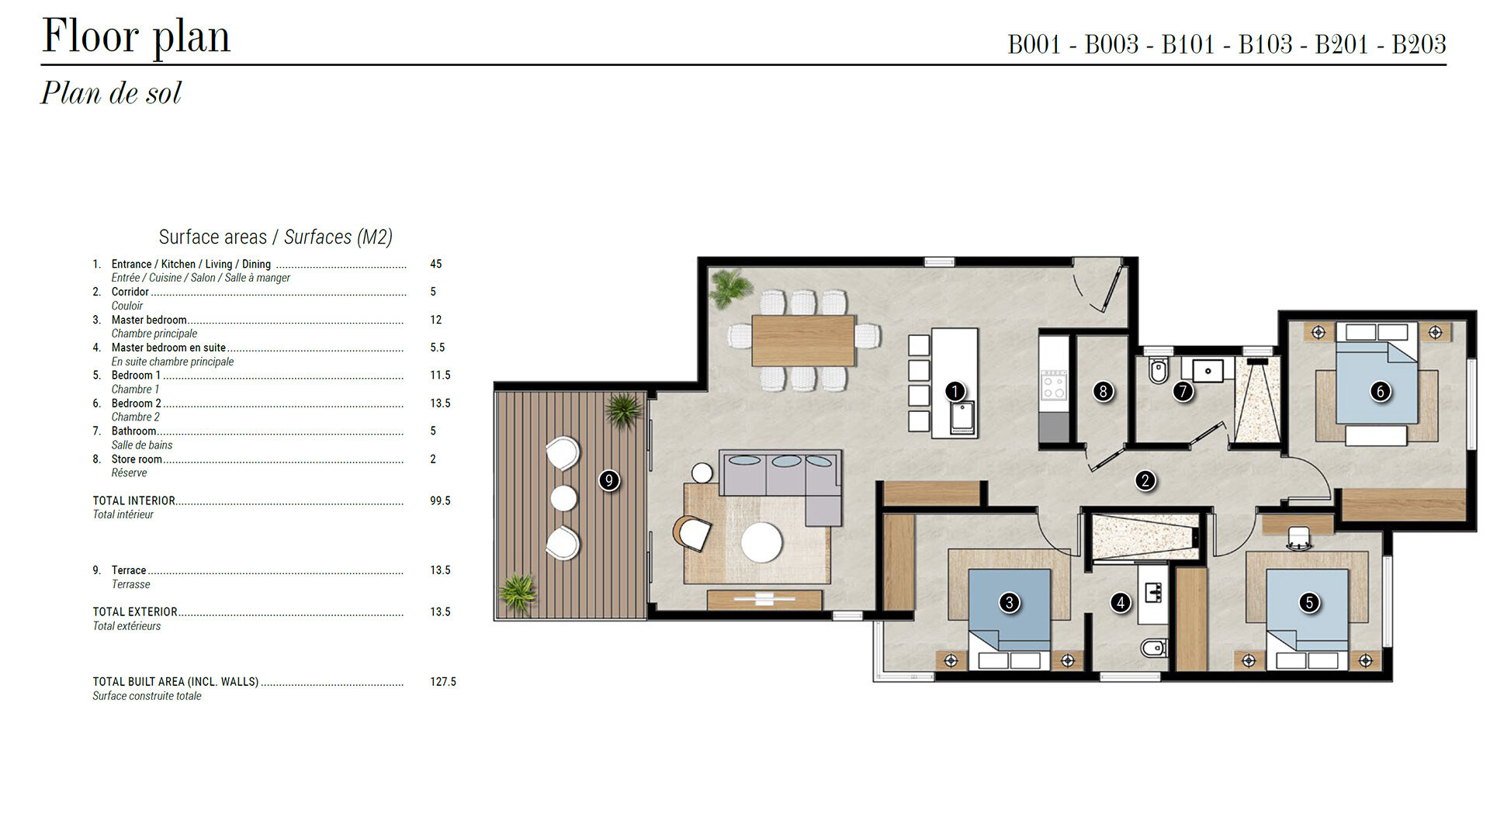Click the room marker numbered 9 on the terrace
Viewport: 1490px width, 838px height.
point(609,480)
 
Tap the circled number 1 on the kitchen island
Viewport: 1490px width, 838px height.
point(955,392)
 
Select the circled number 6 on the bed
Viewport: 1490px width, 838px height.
point(1380,392)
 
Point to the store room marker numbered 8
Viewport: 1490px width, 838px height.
point(1103,392)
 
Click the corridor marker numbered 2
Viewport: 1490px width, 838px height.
point(1145,480)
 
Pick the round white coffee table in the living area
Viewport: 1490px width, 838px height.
point(761,542)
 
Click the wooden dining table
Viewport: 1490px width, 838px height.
point(803,340)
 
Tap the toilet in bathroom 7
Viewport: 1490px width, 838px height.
point(1158,371)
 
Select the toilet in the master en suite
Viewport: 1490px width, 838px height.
point(1154,646)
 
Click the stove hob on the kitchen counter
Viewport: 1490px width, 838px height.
point(1054,385)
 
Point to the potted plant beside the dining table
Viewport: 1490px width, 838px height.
point(730,288)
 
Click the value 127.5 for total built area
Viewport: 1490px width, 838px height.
point(443,682)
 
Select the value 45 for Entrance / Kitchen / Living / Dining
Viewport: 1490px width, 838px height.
point(436,265)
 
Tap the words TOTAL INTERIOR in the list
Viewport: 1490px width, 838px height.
point(134,501)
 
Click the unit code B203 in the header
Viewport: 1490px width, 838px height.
point(1419,44)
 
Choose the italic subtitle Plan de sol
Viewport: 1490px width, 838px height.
point(111,93)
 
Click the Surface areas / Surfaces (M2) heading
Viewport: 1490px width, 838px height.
point(275,237)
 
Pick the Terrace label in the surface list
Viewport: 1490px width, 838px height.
point(129,570)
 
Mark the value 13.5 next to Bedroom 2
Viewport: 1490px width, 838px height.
point(440,403)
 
